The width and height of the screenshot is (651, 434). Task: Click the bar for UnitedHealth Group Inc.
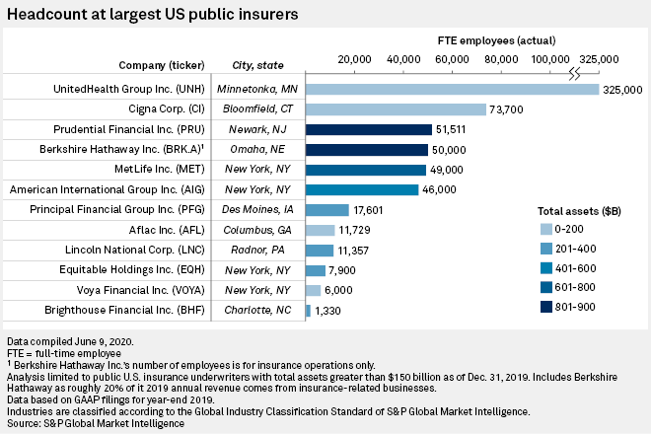453,89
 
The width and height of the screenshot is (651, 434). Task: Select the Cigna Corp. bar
396,108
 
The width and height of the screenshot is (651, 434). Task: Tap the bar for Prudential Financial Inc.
369,129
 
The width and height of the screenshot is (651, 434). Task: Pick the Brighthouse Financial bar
308,311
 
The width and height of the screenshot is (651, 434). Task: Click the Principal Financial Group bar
327,210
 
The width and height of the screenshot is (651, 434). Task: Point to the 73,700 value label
512,109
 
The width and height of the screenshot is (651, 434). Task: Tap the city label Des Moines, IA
256,210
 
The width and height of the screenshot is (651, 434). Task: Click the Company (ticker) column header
164,65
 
